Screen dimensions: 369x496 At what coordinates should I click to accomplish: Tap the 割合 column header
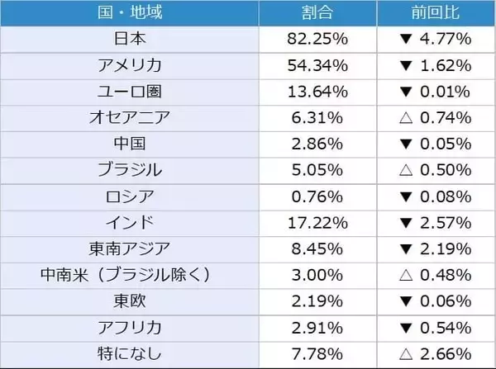pos(318,13)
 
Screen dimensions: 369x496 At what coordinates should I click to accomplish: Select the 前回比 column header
pos(436,13)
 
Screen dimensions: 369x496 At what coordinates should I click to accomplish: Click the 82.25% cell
pos(318,39)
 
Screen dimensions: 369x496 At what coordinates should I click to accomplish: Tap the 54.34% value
pos(318,65)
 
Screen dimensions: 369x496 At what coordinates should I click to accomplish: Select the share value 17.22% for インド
pos(318,221)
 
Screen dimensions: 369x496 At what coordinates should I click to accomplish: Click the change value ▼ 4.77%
pos(436,39)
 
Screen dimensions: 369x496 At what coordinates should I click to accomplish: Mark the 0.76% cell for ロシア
pos(318,196)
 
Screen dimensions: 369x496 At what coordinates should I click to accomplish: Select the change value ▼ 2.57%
pos(436,221)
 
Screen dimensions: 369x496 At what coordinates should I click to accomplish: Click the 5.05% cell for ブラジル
pos(318,169)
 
